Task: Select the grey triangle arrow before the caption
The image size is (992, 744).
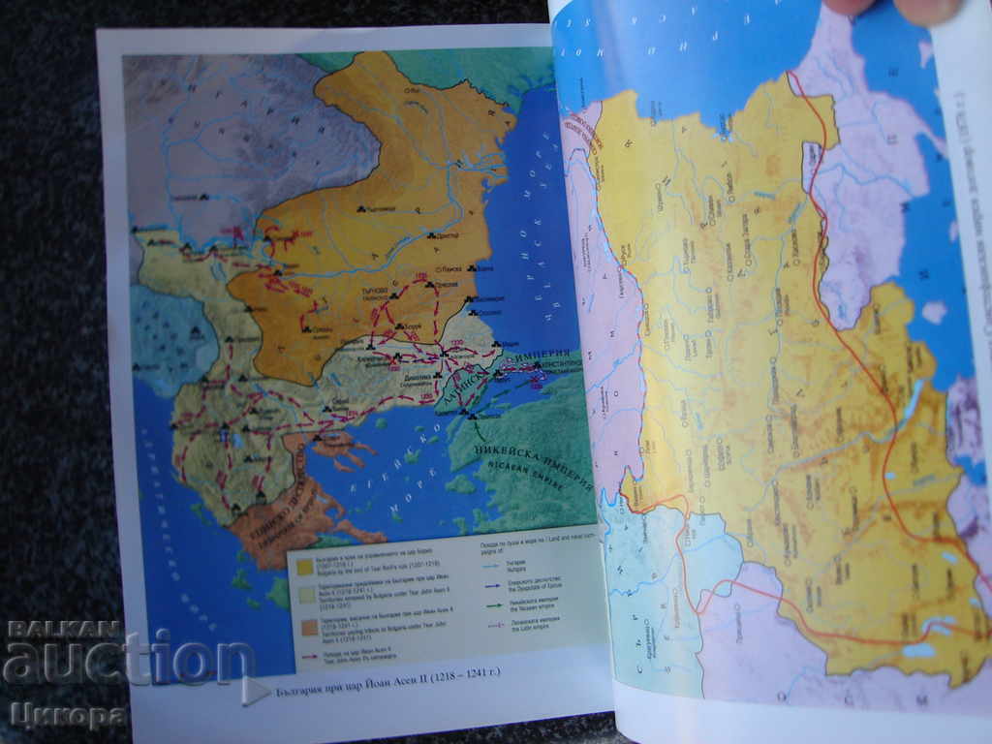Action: click(255, 690)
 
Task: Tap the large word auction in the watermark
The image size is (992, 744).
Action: click(116, 661)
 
